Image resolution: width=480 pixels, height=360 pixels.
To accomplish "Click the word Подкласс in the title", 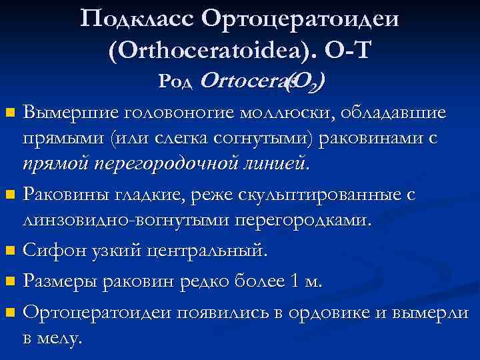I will click(137, 18).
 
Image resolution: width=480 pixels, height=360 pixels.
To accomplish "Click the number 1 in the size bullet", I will click(296, 281).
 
